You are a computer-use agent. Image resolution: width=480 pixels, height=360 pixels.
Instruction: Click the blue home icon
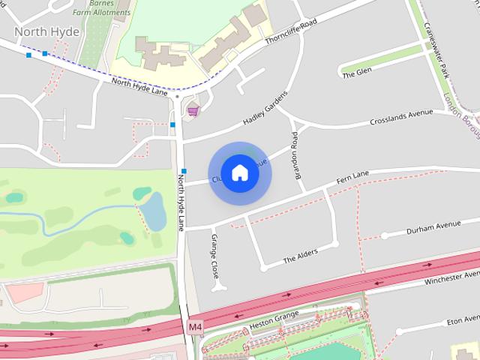(239, 173)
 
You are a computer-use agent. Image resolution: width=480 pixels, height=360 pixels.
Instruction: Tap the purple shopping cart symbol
(193, 112)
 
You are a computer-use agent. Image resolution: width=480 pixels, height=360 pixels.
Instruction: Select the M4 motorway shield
(195, 327)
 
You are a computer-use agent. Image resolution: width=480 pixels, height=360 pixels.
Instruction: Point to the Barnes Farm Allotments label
(95, 7)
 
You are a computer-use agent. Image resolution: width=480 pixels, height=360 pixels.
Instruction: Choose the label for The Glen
(356, 73)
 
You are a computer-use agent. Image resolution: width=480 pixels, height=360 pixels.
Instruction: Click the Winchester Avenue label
(450, 278)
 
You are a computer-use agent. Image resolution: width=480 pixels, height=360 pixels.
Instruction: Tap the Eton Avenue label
(462, 320)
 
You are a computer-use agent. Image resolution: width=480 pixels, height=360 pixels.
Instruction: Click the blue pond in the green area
(154, 210)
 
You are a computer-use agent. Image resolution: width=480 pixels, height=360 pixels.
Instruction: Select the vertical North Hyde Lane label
(181, 199)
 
